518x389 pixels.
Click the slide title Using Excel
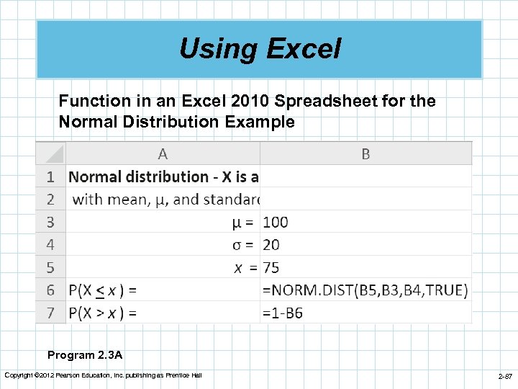pos(259,49)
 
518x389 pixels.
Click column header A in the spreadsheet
pos(163,153)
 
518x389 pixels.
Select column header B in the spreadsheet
pos(365,153)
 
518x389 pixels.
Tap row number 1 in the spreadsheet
pos(50,176)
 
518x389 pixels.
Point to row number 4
pos(50,245)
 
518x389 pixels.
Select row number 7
pos(50,313)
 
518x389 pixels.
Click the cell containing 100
pos(276,222)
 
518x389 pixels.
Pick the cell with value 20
pos(272,245)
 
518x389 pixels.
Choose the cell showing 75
pos(272,267)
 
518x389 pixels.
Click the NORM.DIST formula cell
pos(365,290)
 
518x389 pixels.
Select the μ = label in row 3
pos(245,222)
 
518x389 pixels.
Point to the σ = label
pos(245,245)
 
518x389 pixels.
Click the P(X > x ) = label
pos(103,313)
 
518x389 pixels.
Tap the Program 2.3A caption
pos(85,354)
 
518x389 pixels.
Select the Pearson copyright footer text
pos(103,375)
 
